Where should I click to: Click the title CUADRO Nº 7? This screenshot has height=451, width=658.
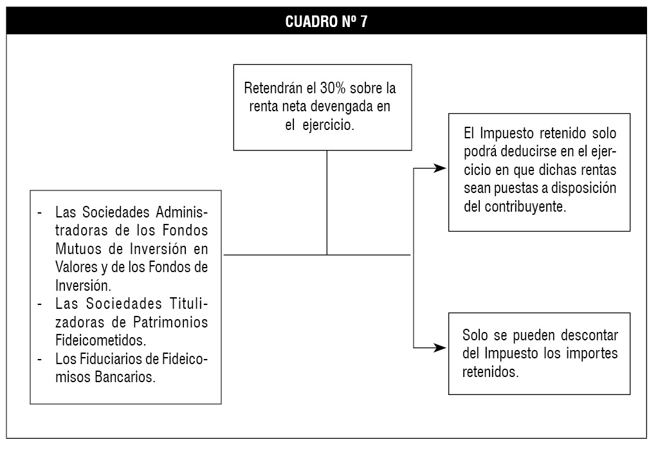[x=326, y=21]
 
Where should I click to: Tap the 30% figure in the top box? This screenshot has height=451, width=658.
[x=333, y=88]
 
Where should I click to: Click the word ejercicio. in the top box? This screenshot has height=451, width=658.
[x=328, y=125]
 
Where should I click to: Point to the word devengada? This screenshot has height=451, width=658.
[x=342, y=107]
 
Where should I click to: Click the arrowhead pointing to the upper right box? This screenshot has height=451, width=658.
[x=440, y=169]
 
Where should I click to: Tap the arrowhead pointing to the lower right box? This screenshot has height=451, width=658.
[x=440, y=347]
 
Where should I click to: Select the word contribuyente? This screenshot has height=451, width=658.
[x=525, y=207]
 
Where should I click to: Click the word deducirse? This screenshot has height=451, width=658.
[x=532, y=151]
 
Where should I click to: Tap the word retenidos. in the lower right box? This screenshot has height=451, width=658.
[x=491, y=372]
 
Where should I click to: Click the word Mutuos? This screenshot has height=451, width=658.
[x=79, y=249]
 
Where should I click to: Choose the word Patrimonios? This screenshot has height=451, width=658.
[x=170, y=322]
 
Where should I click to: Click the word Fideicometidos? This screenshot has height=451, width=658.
[x=101, y=340]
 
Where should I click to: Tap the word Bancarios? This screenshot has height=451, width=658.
[x=125, y=377]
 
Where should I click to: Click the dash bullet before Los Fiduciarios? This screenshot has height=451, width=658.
[x=40, y=360]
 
